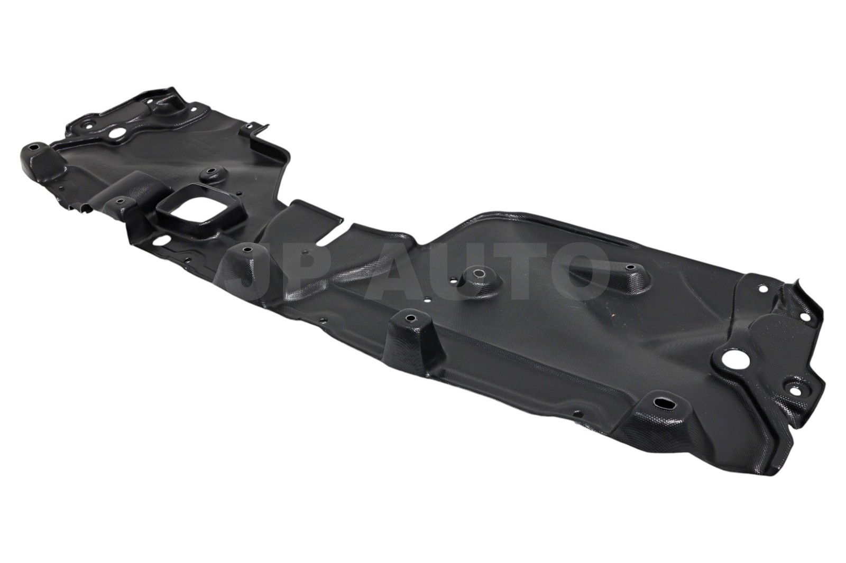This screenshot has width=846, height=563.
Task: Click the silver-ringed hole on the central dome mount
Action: pos(477,273)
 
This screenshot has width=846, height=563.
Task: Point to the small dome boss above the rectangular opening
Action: pos(212,173)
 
